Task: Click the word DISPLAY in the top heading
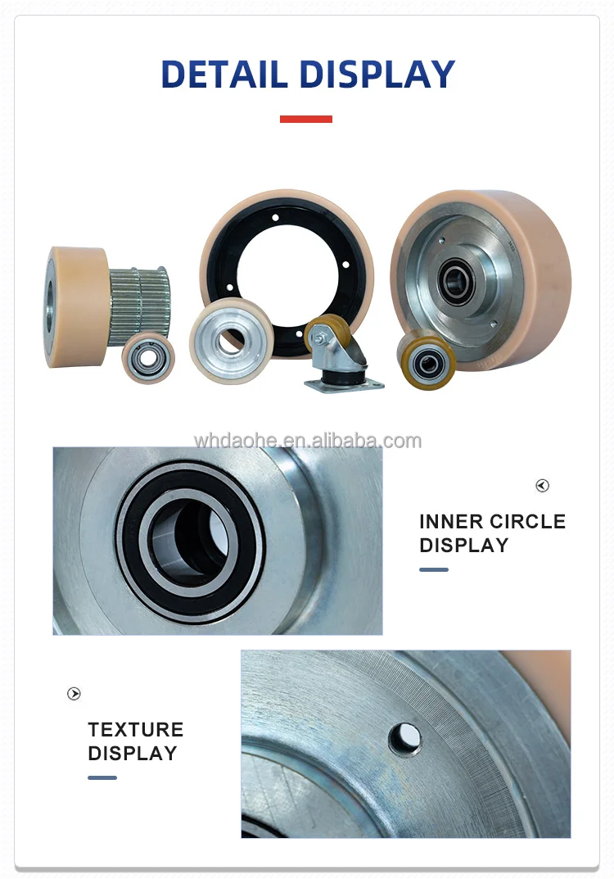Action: pyautogui.click(x=376, y=75)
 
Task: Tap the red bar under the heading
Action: pyautogui.click(x=306, y=119)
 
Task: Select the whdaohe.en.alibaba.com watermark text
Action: pyautogui.click(x=307, y=441)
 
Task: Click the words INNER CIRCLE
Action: pyautogui.click(x=492, y=522)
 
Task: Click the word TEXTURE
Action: pyautogui.click(x=135, y=730)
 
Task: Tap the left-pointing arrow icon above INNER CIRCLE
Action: pyautogui.click(x=542, y=486)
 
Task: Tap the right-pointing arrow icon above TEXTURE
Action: pyautogui.click(x=74, y=694)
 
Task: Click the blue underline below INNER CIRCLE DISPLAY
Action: pyautogui.click(x=434, y=569)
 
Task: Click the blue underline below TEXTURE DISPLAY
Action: pyautogui.click(x=102, y=777)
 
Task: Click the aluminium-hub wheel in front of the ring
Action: pyautogui.click(x=231, y=340)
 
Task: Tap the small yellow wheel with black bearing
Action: pyautogui.click(x=427, y=360)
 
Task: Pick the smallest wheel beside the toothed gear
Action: pyautogui.click(x=148, y=357)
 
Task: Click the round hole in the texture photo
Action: pyautogui.click(x=404, y=739)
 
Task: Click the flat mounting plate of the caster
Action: pyautogui.click(x=344, y=384)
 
